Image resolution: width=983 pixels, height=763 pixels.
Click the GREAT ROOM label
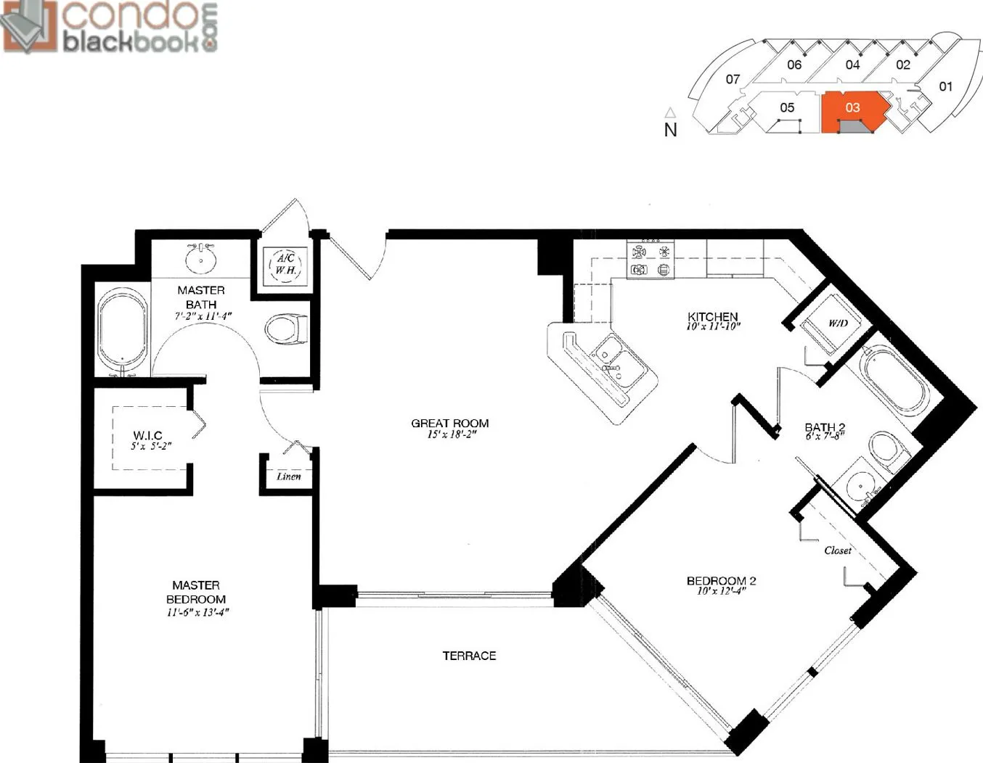449,424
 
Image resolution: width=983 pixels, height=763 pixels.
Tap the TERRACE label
469,656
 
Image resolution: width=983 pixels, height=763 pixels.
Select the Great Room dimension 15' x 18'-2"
452,434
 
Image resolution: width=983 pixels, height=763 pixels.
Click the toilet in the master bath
286,329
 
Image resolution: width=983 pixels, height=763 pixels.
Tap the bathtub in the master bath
123,332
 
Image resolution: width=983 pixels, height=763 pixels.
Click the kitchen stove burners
650,260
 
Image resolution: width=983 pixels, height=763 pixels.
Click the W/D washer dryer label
838,323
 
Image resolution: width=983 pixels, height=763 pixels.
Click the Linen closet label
289,476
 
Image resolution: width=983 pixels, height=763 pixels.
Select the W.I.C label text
147,435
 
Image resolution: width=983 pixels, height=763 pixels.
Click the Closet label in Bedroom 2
838,550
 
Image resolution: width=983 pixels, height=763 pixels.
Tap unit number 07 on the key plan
733,80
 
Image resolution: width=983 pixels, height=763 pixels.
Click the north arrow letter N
670,130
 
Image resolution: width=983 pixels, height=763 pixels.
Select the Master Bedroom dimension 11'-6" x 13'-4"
195,613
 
